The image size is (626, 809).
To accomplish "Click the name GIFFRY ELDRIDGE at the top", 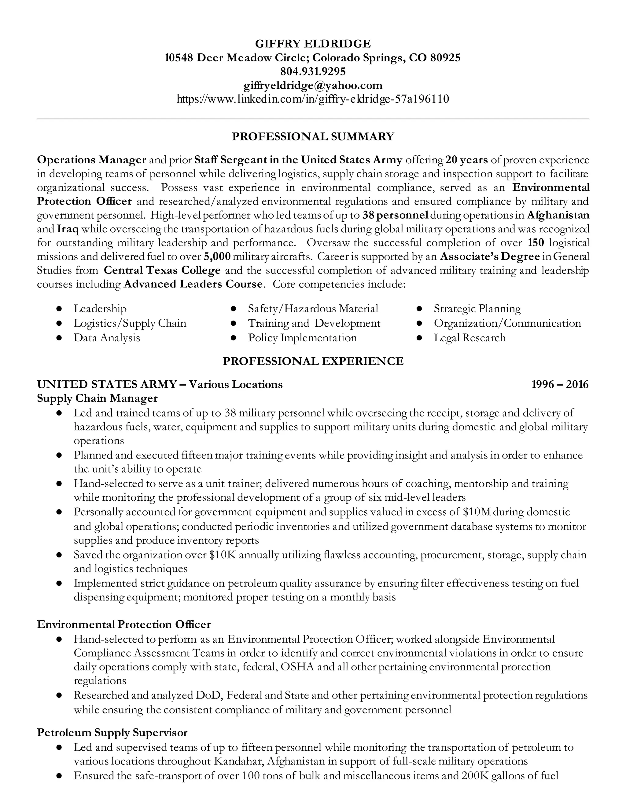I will point(313,44).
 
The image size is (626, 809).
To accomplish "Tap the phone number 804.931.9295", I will point(313,71).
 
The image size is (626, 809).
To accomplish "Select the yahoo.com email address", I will point(313,85).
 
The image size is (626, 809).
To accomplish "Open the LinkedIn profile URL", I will point(313,99).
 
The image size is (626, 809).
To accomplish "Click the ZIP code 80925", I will point(445,57).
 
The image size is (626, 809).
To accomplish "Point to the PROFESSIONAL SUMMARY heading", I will point(313,136).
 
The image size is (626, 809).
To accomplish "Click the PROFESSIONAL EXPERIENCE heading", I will point(313,361).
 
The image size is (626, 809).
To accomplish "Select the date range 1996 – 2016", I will point(560,384).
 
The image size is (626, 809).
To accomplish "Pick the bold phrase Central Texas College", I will point(162,270).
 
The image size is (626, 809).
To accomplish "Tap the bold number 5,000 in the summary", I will point(217,256).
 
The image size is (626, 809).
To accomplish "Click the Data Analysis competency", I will point(107,338).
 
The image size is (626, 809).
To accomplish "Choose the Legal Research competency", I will point(469,338).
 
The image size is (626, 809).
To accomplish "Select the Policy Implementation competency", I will point(302,338).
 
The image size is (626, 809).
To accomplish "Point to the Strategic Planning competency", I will point(477,309).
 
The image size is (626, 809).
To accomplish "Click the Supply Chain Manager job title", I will point(97,398).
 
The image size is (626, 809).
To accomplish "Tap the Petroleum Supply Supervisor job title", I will point(112,733).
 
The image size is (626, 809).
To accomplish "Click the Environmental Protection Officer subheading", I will point(124,625).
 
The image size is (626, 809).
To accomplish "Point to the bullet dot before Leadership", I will point(59,309).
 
